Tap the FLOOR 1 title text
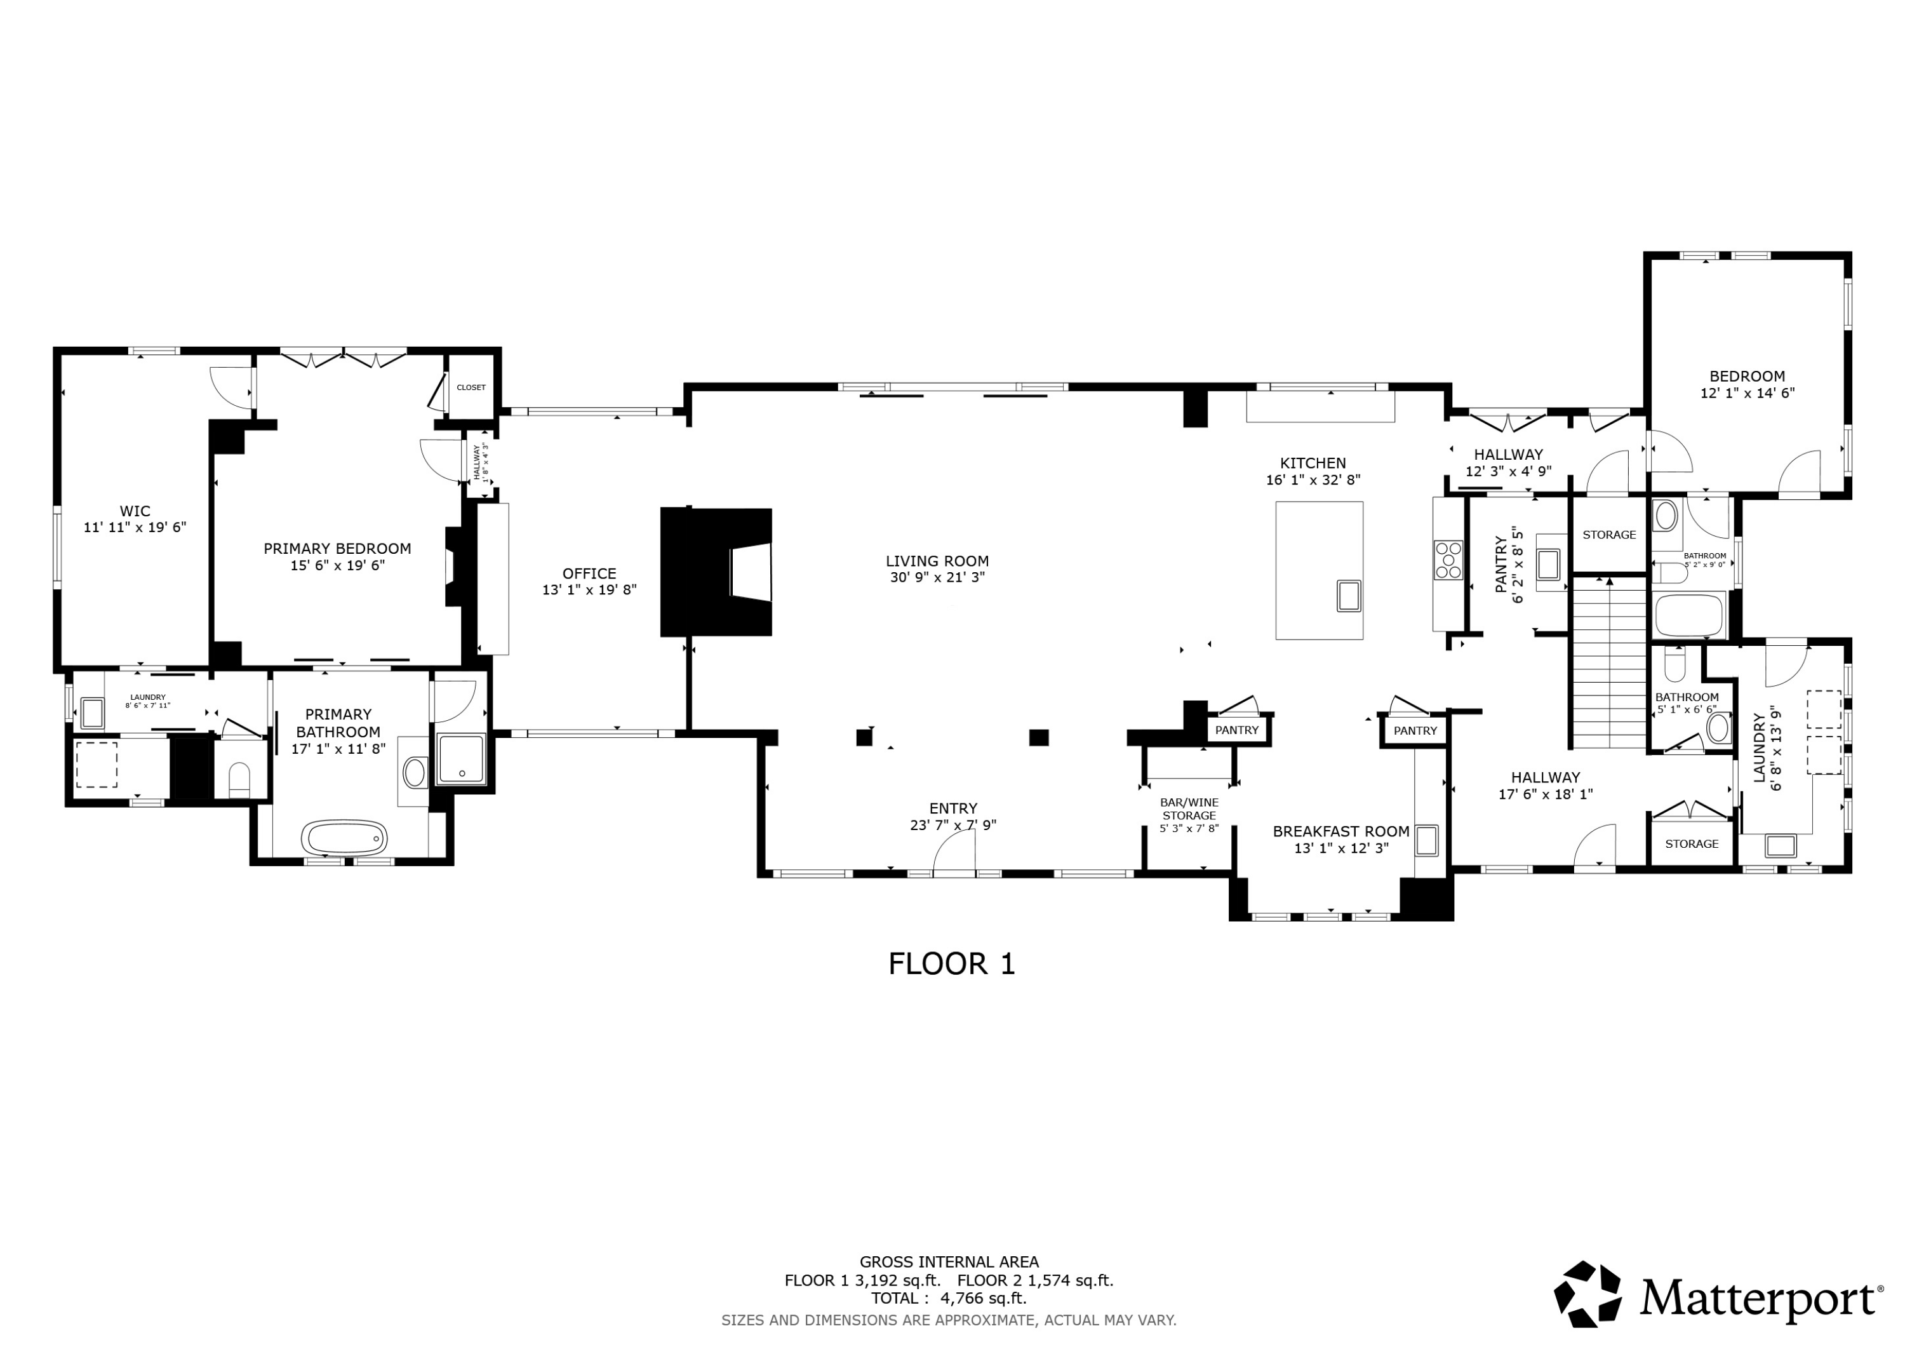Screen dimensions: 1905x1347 tap(952, 963)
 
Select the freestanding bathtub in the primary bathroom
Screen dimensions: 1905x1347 tap(344, 838)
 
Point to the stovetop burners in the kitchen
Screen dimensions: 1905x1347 tap(1448, 560)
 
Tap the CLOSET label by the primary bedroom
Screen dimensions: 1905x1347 tap(471, 387)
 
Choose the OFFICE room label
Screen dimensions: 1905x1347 tap(589, 573)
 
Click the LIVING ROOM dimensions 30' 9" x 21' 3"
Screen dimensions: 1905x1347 tap(937, 578)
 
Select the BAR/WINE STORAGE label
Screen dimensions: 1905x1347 tap(1189, 809)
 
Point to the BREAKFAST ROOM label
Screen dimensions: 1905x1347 tap(1340, 831)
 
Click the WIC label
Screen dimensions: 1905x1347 tap(135, 511)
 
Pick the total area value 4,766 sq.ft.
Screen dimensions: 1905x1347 tap(983, 1298)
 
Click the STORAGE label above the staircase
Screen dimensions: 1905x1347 tap(1609, 535)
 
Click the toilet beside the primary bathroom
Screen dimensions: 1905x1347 tap(239, 779)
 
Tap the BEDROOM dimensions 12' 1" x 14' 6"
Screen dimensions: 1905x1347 tap(1748, 393)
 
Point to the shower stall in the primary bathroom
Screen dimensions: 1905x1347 tap(460, 758)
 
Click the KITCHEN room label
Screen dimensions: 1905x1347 tap(1313, 463)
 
